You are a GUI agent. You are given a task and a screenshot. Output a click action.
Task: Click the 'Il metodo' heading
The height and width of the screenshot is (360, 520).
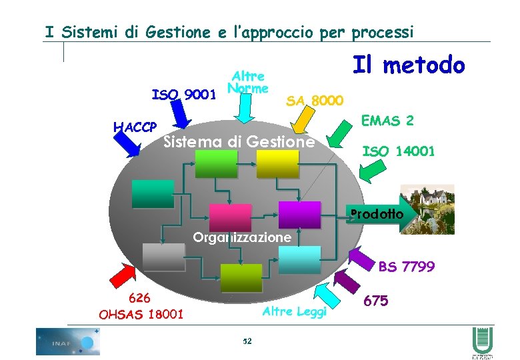407,65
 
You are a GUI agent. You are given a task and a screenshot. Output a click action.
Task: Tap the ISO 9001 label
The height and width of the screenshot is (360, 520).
184,94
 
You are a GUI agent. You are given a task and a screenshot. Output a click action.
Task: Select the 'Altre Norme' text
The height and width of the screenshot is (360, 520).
247,83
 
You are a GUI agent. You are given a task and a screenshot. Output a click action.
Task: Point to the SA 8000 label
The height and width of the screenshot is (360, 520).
314,101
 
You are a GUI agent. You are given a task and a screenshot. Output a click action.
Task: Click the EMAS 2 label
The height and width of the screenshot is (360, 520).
387,121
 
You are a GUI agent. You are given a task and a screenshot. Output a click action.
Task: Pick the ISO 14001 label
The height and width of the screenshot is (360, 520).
398,151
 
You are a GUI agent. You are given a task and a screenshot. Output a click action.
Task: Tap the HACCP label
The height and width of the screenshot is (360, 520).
135,127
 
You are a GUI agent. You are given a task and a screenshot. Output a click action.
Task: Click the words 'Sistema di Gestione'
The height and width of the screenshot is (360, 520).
239,141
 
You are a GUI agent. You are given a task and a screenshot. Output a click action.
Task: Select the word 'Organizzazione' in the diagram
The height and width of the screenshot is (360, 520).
241,237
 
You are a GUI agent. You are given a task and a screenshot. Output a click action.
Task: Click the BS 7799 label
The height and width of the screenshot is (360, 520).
406,267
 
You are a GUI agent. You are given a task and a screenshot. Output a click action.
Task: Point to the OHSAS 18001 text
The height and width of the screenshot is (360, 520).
141,313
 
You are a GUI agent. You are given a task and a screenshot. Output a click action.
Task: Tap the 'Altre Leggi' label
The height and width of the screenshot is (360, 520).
295,311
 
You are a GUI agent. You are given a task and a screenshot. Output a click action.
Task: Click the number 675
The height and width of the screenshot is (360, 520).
376,301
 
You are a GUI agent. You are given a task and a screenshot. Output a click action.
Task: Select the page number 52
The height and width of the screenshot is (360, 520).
247,341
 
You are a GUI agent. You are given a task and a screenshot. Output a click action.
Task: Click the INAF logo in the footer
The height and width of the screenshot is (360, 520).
67,341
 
